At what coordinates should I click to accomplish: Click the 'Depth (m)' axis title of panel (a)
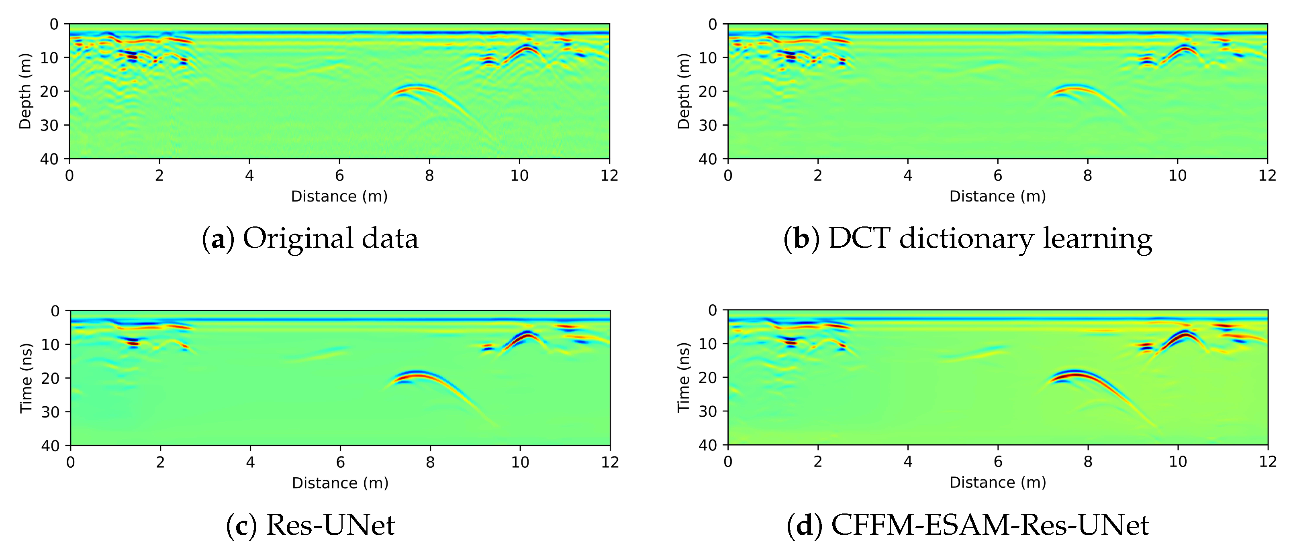[x=25, y=92]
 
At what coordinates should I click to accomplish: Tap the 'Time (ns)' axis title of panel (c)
[x=26, y=378]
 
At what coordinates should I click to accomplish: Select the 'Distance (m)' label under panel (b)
[x=997, y=196]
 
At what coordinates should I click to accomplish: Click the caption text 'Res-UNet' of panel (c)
[x=330, y=525]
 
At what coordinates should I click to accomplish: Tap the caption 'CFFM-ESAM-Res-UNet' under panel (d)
[x=990, y=525]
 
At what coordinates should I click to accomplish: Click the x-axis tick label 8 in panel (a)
[x=429, y=176]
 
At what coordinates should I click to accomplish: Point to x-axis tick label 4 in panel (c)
[x=250, y=462]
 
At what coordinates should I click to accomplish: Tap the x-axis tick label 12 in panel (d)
[x=1267, y=462]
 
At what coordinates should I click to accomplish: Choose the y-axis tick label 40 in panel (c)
[x=49, y=446]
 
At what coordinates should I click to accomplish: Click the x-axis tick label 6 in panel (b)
[x=997, y=176]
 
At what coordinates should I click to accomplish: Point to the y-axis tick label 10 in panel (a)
[x=49, y=58]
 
